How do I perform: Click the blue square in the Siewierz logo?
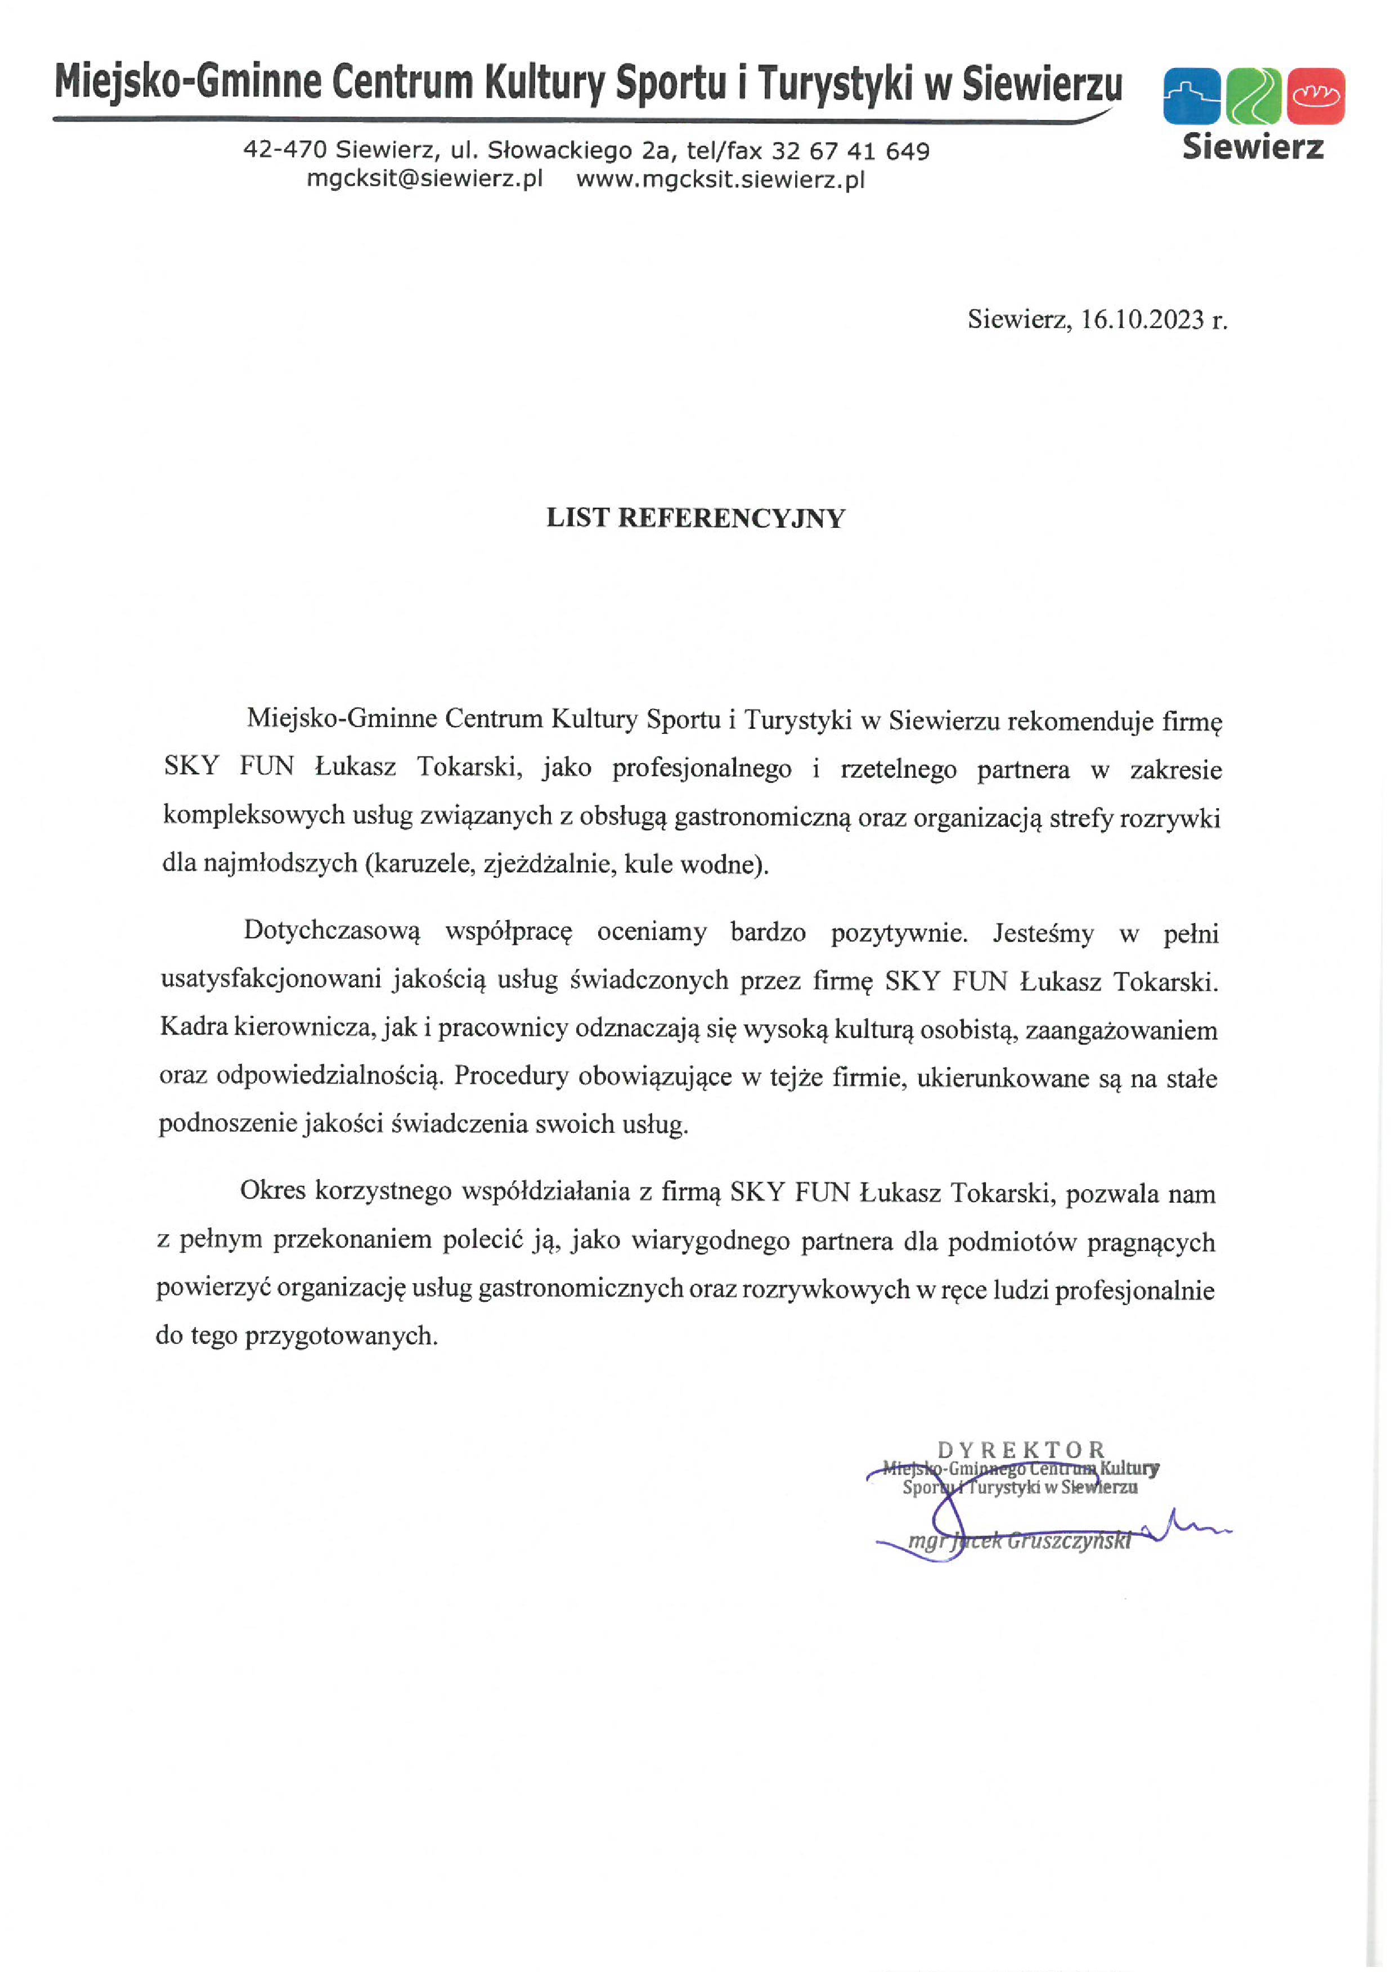point(1191,95)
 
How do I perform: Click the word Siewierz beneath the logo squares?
point(1253,147)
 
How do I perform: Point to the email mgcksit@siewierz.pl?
point(424,180)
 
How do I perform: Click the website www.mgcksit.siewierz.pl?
point(720,180)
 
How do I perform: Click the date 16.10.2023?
point(1142,320)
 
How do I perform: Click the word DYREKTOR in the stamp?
point(1020,1450)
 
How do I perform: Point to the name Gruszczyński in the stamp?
point(1069,1541)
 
